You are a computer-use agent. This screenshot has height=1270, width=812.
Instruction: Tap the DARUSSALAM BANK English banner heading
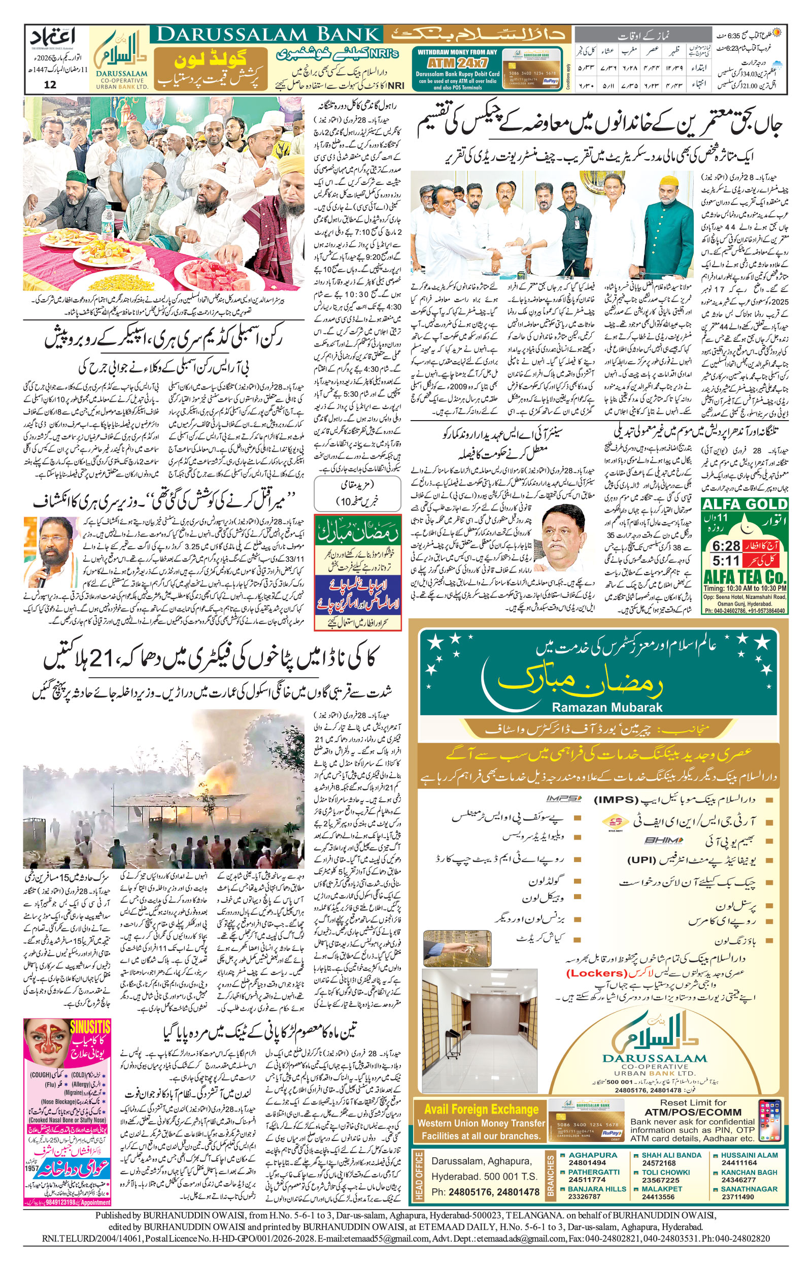[268, 35]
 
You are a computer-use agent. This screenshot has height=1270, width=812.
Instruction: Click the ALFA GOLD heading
[745, 504]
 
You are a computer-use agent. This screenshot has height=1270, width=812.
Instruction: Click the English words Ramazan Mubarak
[606, 707]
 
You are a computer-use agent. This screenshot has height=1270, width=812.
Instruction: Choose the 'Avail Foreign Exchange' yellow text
[481, 1109]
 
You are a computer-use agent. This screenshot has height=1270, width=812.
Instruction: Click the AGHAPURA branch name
[593, 1155]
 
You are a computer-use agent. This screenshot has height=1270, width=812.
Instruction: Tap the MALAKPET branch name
[662, 1189]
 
